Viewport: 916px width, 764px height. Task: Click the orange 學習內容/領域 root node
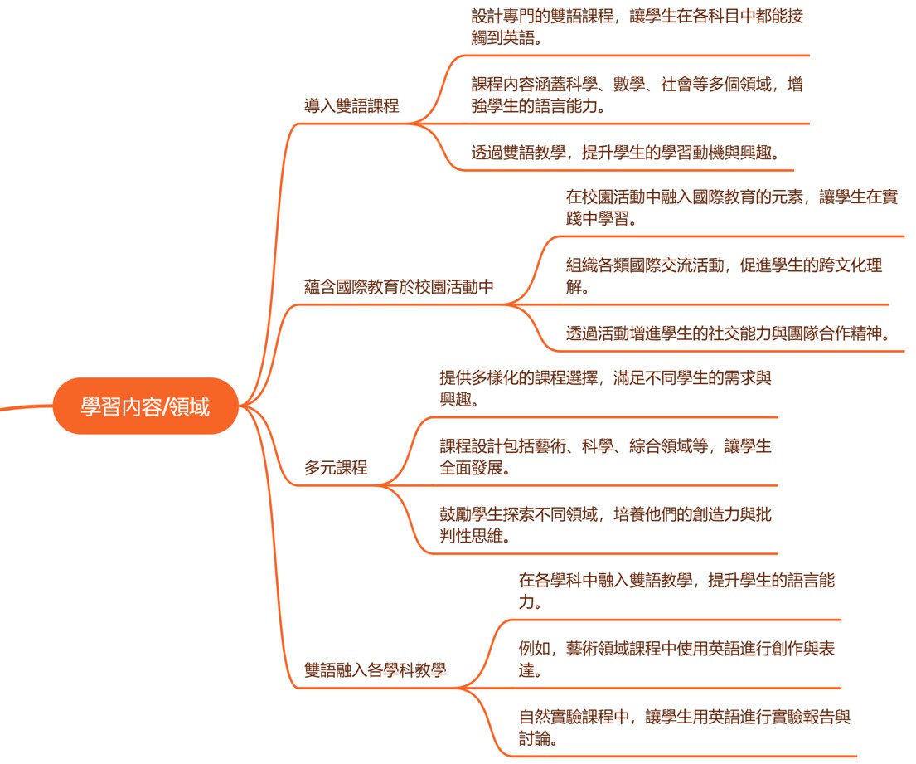[x=145, y=406]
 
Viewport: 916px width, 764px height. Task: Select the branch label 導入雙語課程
[x=351, y=105]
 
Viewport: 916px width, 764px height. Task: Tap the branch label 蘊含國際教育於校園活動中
[x=399, y=287]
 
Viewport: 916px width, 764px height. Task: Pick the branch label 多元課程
[x=336, y=467]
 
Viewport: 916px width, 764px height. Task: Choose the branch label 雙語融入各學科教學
[x=376, y=669]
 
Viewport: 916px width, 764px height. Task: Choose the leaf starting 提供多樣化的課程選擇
[x=605, y=388]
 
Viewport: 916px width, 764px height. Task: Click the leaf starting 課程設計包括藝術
[x=605, y=457]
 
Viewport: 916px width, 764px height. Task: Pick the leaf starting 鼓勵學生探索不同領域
[x=605, y=525]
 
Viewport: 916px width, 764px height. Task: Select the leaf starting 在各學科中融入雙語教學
[x=676, y=591]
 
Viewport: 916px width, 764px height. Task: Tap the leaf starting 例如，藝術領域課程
[x=676, y=659]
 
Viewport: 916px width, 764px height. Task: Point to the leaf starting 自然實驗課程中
[x=685, y=728]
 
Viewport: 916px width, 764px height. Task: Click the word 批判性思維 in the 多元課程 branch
[x=473, y=536]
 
